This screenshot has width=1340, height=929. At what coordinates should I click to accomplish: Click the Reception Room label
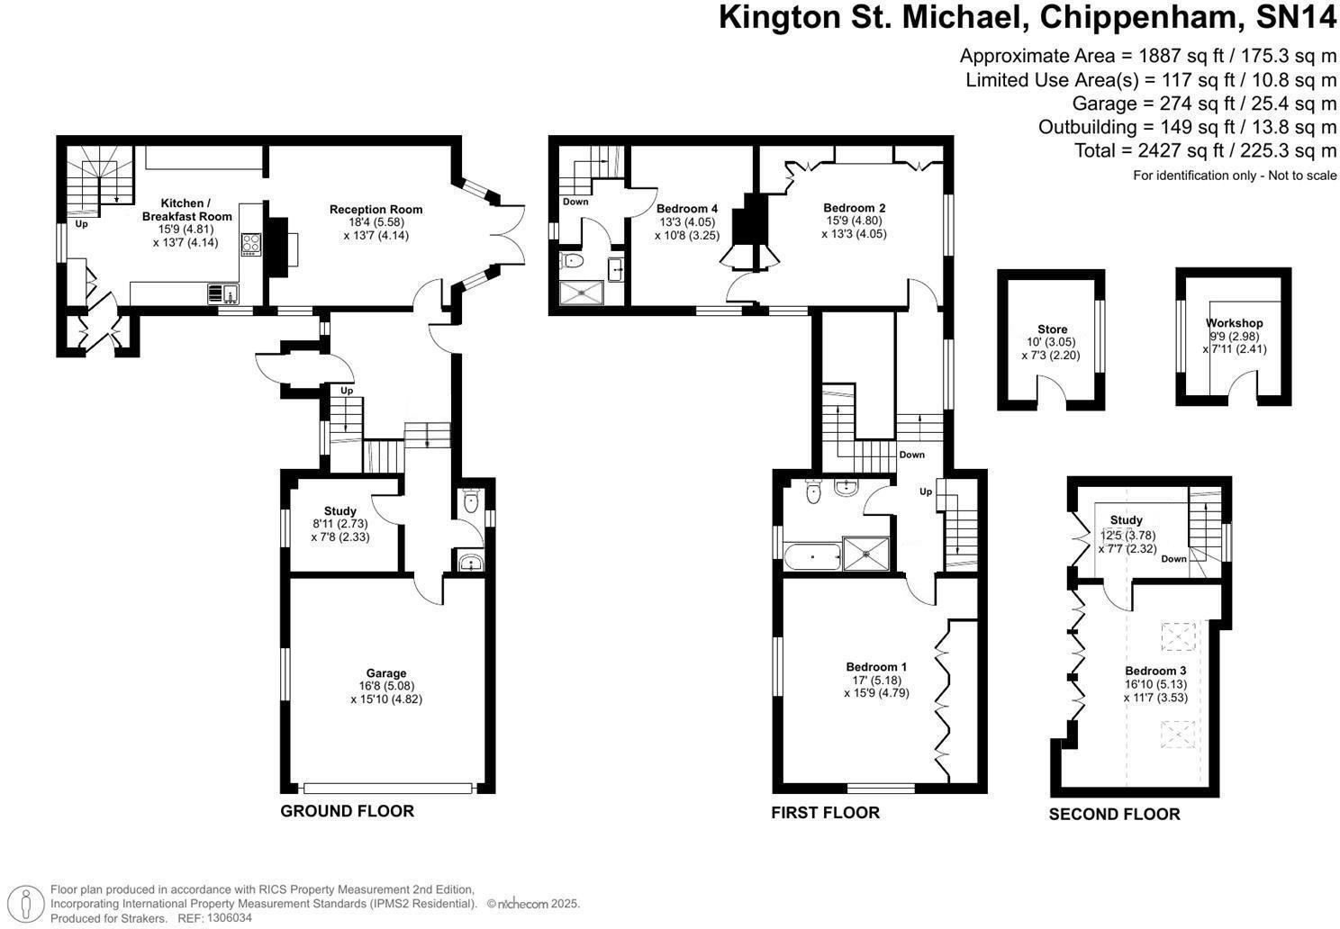[376, 209]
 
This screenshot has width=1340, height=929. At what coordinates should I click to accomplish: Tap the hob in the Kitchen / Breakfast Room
[250, 245]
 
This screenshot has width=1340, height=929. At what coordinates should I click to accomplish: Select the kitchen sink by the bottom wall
[223, 293]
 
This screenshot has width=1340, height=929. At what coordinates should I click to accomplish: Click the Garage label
[386, 673]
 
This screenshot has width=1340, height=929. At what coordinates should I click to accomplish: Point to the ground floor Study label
[340, 511]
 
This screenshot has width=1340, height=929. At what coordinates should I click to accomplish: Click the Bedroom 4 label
[687, 209]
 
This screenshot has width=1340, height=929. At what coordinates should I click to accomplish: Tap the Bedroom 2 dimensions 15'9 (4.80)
[854, 221]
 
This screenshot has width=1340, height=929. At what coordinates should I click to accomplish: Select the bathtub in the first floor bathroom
[812, 556]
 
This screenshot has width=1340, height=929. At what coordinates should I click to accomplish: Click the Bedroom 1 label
[876, 666]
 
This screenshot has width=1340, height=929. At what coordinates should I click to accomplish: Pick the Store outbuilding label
[1052, 329]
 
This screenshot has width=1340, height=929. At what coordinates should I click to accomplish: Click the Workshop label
[1234, 323]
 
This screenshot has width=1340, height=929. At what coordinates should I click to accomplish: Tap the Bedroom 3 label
[1155, 671]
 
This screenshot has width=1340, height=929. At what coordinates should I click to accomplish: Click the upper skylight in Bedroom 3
[1178, 636]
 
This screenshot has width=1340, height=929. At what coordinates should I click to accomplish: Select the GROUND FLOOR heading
[347, 811]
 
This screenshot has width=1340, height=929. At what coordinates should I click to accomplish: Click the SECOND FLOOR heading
[1115, 814]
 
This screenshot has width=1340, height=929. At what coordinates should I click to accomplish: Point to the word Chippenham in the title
[1137, 17]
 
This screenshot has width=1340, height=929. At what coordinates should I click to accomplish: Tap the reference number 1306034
[229, 917]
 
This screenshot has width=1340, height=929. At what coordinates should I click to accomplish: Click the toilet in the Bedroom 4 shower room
[573, 261]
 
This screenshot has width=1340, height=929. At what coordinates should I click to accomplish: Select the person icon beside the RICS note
[25, 903]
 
